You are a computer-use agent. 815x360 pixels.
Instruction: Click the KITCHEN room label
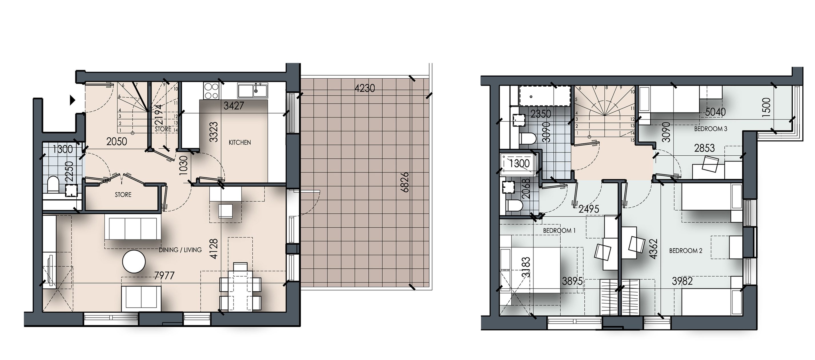(239, 143)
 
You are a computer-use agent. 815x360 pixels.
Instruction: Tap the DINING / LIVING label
(180, 250)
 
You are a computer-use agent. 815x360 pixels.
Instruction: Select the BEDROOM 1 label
(559, 231)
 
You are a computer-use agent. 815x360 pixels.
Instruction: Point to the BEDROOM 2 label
(686, 251)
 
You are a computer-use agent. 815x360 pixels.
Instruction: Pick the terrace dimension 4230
(364, 88)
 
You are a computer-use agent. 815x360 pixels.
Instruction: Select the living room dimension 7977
(164, 275)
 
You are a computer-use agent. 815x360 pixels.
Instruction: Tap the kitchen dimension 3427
(233, 106)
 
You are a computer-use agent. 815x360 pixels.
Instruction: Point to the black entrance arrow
(73, 100)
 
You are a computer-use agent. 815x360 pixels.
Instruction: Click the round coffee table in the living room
(134, 262)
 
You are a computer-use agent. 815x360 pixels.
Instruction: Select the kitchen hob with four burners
(211, 91)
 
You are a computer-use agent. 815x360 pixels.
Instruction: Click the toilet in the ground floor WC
(53, 184)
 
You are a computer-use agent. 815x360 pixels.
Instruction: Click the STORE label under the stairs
(163, 129)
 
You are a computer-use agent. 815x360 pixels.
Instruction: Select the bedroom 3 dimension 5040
(716, 112)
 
